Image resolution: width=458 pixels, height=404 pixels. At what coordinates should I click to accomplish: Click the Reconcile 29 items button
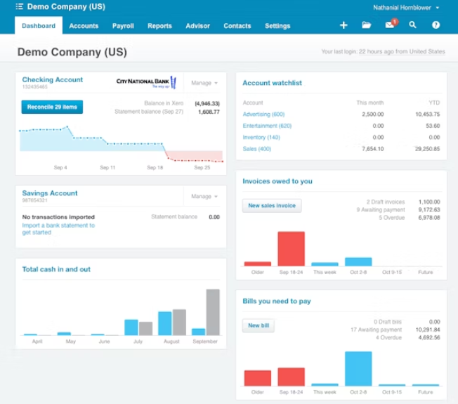[x=52, y=107]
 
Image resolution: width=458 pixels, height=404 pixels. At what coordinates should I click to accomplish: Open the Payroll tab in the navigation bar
[x=123, y=26]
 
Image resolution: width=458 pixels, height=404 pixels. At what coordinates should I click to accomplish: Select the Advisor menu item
[x=197, y=26]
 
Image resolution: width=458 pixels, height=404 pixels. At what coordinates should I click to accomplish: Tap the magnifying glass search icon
[x=412, y=25]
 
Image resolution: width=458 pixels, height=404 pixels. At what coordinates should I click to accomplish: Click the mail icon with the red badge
[x=390, y=25]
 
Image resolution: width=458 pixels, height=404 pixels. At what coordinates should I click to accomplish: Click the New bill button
[x=259, y=326]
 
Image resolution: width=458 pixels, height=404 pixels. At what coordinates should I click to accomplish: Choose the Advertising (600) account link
[x=263, y=114]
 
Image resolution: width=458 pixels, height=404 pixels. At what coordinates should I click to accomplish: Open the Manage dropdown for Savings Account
[x=204, y=197]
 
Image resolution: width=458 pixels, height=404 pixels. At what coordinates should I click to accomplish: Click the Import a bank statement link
[x=58, y=226]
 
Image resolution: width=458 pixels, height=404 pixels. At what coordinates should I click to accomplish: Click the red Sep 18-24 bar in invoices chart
[x=291, y=249]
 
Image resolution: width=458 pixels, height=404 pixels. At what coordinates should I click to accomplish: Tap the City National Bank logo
[x=145, y=83]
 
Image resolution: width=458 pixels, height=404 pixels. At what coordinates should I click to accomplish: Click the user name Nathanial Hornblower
[x=403, y=7]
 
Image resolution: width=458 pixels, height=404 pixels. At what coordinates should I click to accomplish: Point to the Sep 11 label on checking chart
[x=107, y=168]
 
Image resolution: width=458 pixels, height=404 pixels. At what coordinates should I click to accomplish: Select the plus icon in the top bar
[x=343, y=25]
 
